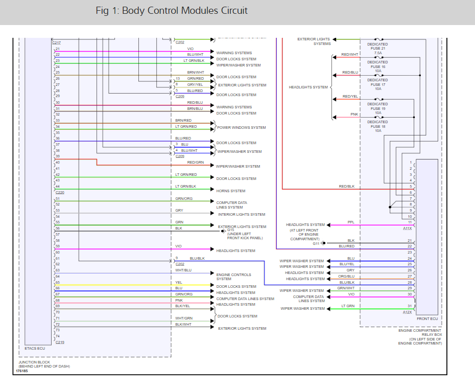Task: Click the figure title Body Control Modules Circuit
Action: click(172, 11)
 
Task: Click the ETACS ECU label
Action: click(35, 348)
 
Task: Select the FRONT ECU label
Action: click(427, 318)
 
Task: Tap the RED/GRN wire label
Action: click(195, 162)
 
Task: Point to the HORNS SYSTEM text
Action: click(231, 191)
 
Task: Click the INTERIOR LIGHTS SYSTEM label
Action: click(242, 215)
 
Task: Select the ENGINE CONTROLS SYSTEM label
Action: click(233, 277)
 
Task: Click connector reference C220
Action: click(60, 193)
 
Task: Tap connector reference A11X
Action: click(407, 228)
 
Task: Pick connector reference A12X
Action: click(407, 312)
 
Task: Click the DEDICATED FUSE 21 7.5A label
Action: click(377, 49)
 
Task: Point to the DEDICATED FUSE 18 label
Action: click(377, 126)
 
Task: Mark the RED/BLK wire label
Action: click(346, 187)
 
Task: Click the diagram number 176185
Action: click(22, 371)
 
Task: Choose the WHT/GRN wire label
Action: click(184, 318)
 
